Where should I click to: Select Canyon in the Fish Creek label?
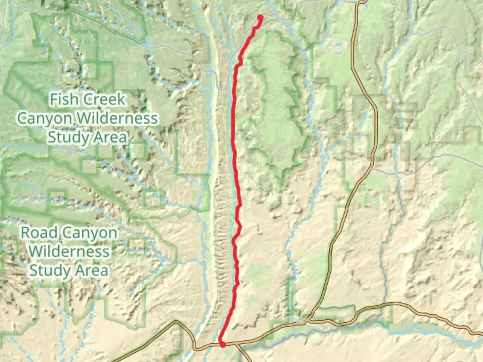(45, 118)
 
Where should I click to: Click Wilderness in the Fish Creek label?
(117, 118)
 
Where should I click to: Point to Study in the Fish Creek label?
(65, 137)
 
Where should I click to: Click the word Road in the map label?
(40, 233)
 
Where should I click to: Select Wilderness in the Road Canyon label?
(69, 251)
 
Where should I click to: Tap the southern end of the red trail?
(222, 344)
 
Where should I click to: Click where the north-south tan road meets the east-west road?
(307, 321)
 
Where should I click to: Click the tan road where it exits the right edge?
(481, 334)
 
